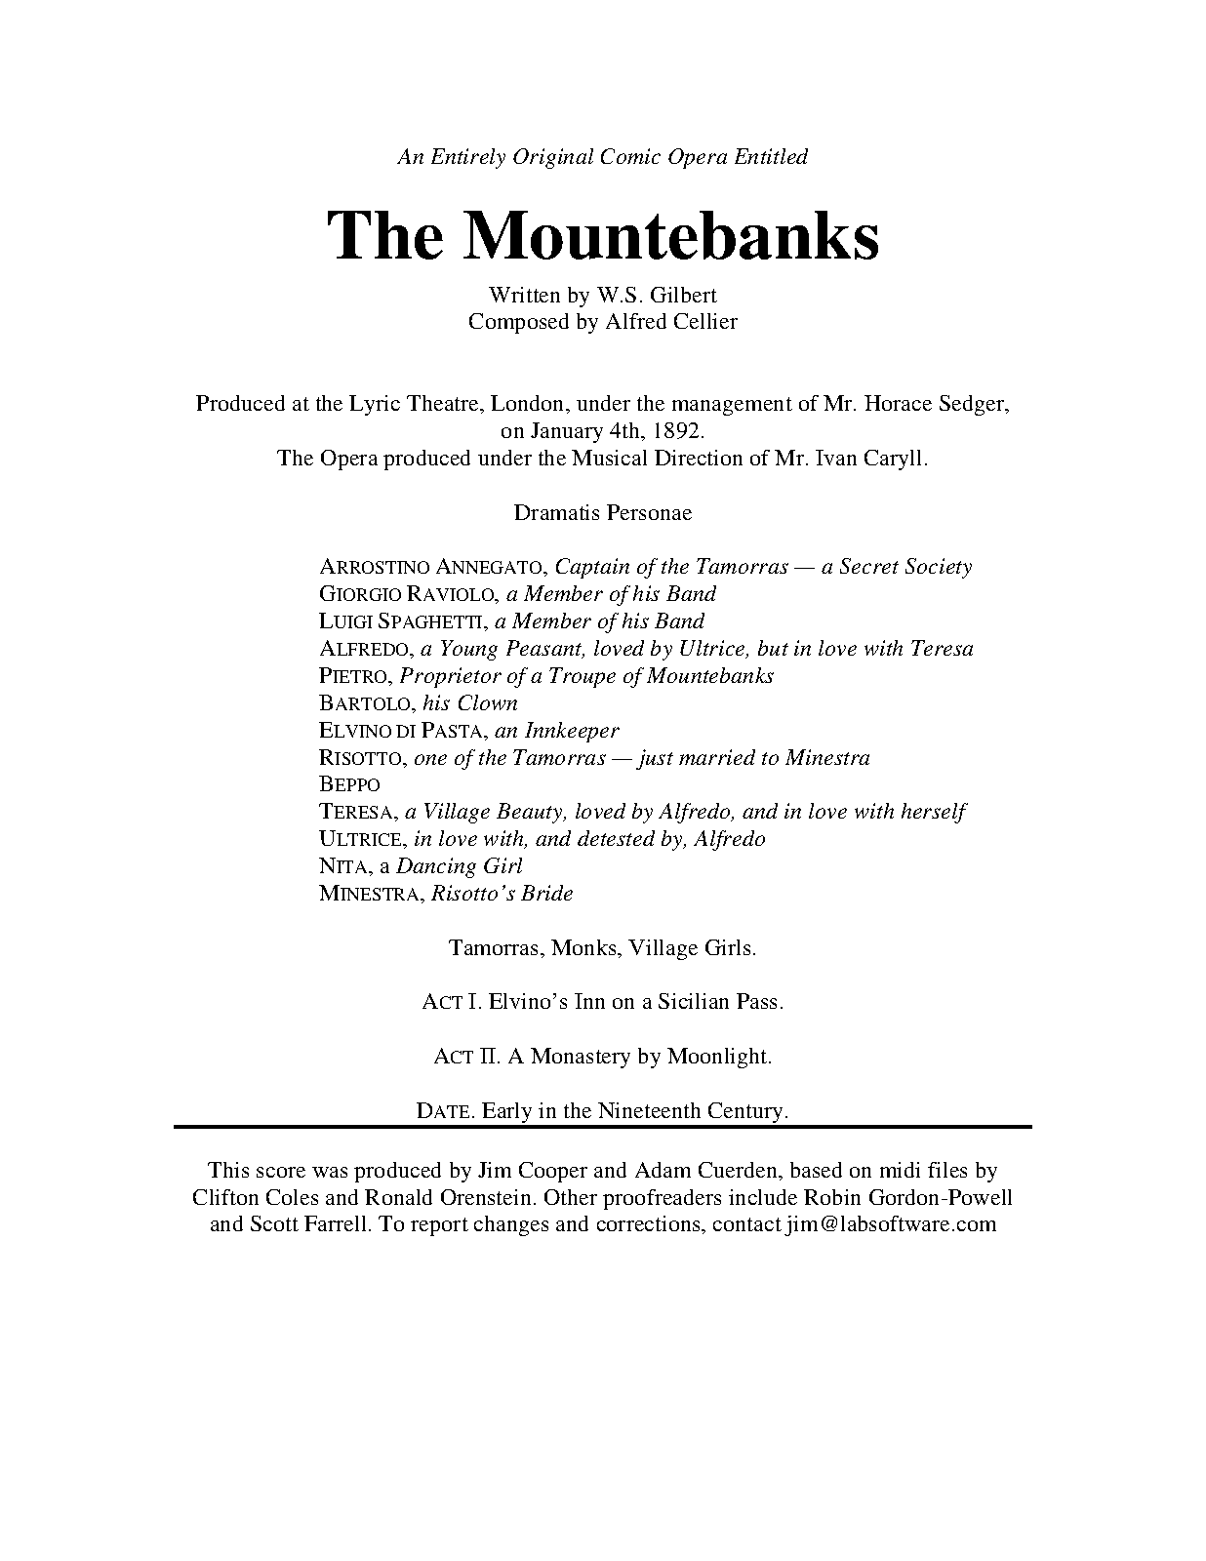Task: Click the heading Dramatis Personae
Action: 603,512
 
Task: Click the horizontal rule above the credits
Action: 603,1127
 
